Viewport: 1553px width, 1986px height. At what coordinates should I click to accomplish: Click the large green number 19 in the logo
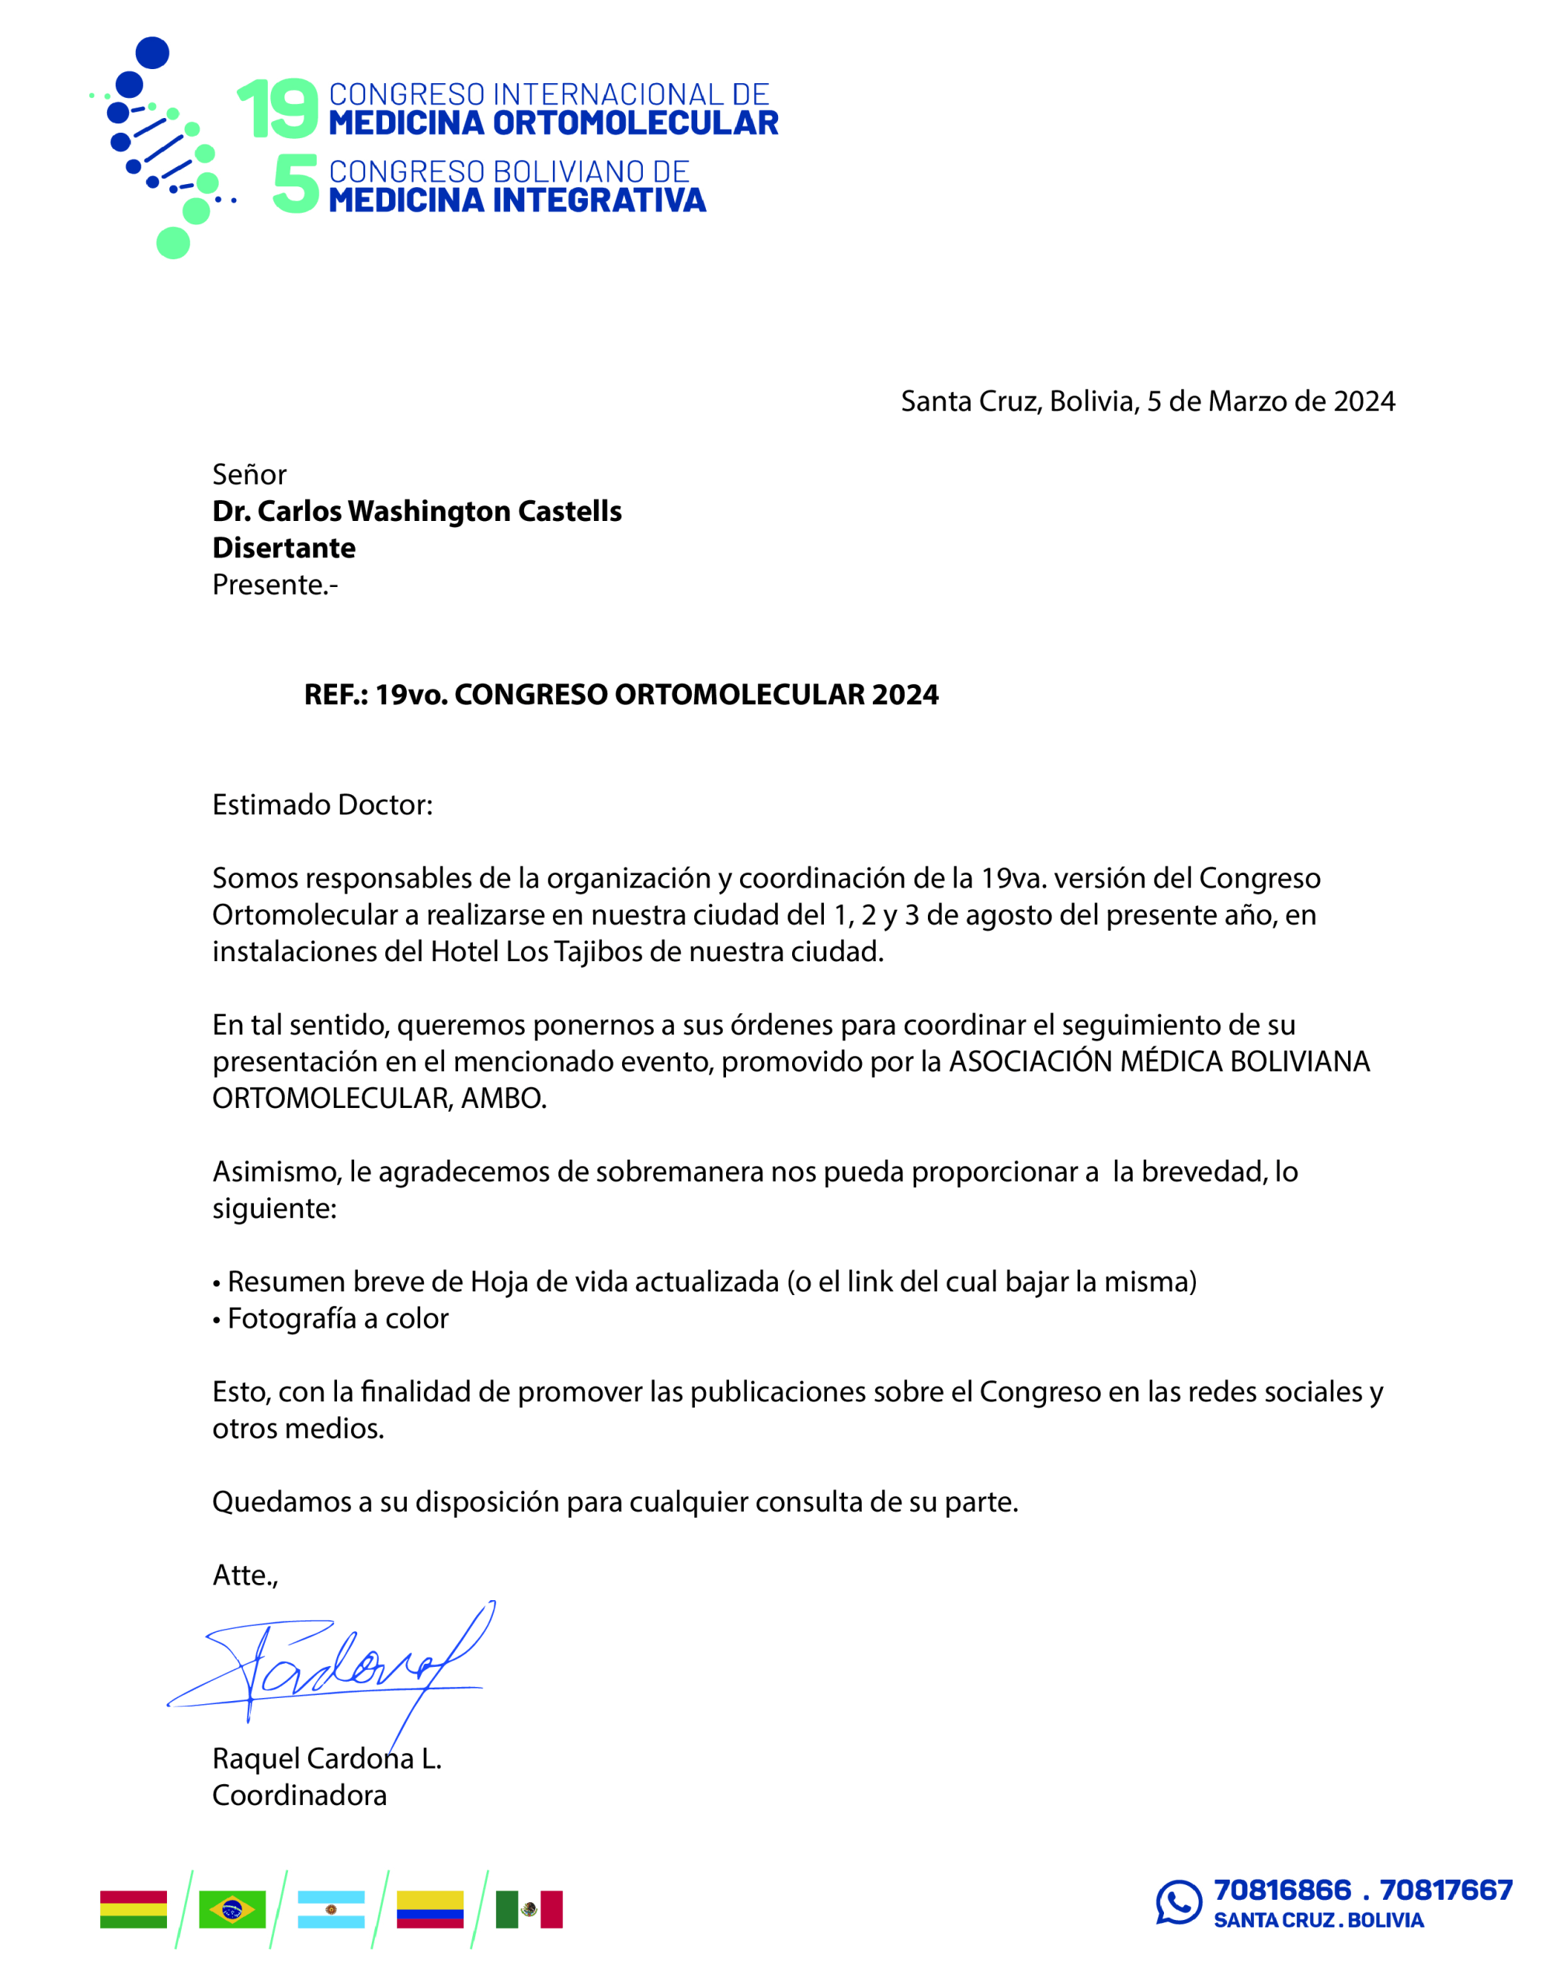(277, 109)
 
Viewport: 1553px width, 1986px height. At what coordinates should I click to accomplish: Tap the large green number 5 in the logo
(297, 184)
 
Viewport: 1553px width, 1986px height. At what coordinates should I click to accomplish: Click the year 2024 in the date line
(1364, 401)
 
